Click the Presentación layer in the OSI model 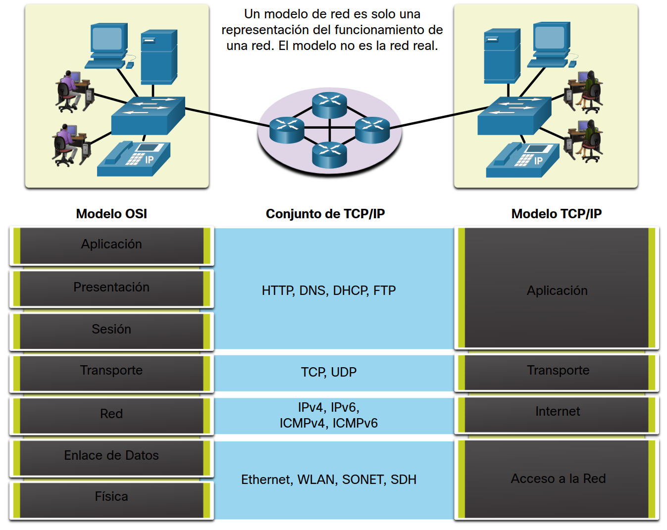click(111, 288)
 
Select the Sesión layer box click(111, 330)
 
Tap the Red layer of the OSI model click(111, 414)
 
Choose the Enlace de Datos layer click(111, 456)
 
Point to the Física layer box click(111, 497)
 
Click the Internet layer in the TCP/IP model click(557, 412)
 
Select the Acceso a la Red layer click(558, 479)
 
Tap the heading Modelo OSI click(111, 214)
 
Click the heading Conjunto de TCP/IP click(325, 214)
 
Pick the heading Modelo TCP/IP click(557, 214)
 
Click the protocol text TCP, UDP click(329, 372)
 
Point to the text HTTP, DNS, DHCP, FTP click(329, 290)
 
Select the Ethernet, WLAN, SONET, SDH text click(329, 480)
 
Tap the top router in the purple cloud click(329, 104)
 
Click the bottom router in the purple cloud click(329, 154)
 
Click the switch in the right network click(514, 115)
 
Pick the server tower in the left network click(158, 57)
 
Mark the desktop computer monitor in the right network click(551, 38)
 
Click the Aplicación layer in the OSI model click(111, 244)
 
